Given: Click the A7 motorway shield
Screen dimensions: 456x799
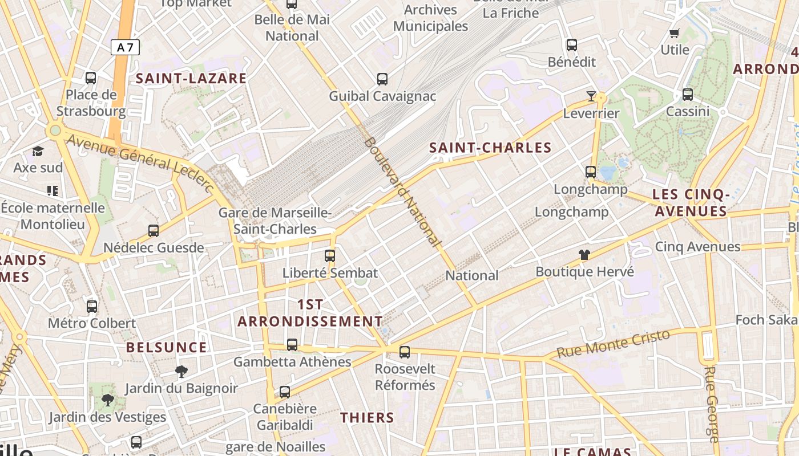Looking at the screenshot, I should pos(125,47).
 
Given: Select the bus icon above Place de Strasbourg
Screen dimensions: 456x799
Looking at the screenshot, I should pos(91,78).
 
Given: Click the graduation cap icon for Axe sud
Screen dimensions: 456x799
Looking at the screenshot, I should pos(38,151).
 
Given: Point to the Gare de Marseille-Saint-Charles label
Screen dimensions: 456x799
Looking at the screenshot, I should pos(275,221).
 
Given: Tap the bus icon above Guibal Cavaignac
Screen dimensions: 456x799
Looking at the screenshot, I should pos(382,79).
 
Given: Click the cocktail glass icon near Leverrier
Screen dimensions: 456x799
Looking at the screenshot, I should pos(591,96).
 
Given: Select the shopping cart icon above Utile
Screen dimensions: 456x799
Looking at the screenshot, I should pos(675,33).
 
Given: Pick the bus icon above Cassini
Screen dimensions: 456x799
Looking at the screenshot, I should pos(688,95).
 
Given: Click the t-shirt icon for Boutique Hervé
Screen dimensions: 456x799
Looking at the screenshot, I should pos(584,255).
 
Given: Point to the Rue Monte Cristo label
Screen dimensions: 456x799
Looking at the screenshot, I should pos(613,344).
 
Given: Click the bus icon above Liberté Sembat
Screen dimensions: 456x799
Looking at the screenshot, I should pos(330,255).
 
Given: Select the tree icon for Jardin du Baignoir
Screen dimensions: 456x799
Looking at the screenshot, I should pos(181,372).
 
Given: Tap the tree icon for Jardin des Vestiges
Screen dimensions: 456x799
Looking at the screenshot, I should pos(107,400).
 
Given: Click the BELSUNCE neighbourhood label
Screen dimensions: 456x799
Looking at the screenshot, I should pos(167,348).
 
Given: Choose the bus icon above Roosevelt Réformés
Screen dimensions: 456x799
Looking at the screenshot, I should pos(405,352).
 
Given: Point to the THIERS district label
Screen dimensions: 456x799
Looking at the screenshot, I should pos(367,418).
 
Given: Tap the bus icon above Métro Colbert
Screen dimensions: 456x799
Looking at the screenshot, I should pos(92,307).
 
